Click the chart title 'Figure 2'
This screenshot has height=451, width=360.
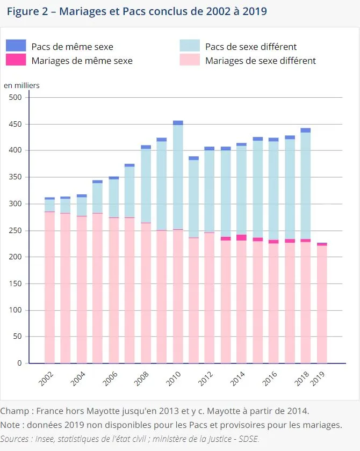tap(27, 11)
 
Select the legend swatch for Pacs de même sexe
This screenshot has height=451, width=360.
tap(16, 46)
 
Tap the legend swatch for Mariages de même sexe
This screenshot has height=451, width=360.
tap(16, 60)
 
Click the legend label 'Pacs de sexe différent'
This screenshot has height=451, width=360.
tap(251, 47)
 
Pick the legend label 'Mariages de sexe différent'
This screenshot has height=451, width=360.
tap(261, 61)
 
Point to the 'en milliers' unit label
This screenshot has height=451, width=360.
tap(22, 85)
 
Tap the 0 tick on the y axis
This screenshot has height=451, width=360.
tap(19, 363)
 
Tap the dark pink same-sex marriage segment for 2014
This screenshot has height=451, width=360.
tap(241, 237)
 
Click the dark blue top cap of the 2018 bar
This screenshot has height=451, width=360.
tap(306, 130)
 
